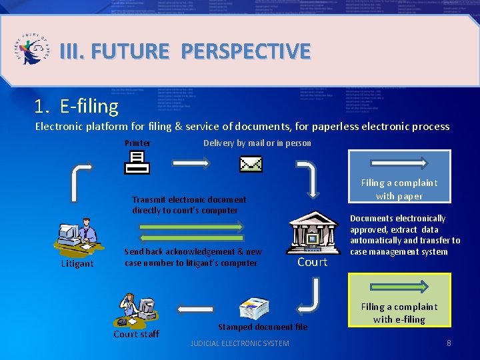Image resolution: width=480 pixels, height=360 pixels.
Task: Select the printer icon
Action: click(x=137, y=162)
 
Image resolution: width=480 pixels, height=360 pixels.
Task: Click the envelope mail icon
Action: click(x=251, y=163)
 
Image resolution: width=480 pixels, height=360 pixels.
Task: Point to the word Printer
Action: click(x=137, y=143)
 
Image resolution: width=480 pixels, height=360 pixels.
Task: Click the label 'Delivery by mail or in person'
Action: click(x=257, y=143)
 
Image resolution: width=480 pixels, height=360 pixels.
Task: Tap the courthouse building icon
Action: click(x=313, y=233)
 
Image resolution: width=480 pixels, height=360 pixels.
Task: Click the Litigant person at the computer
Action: click(x=78, y=237)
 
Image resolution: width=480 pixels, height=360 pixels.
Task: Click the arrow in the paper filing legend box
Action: click(x=399, y=162)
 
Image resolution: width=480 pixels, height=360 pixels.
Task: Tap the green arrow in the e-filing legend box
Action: click(x=399, y=287)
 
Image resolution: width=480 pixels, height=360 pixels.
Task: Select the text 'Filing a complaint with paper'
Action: click(x=399, y=189)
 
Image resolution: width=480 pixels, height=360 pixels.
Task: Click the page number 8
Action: click(x=449, y=343)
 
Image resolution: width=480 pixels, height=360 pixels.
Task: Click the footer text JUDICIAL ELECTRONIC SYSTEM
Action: click(x=240, y=343)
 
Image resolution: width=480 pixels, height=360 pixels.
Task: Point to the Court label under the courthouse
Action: click(x=312, y=262)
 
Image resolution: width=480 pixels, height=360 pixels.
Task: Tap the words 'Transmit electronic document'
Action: click(x=189, y=199)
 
